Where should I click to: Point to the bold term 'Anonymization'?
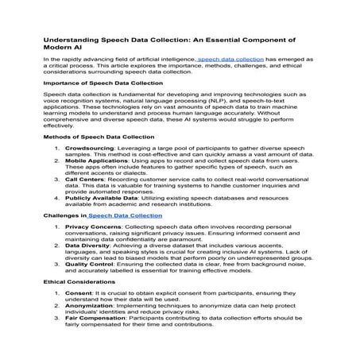(x=87, y=315)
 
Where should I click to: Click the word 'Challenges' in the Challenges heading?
(x=64, y=215)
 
